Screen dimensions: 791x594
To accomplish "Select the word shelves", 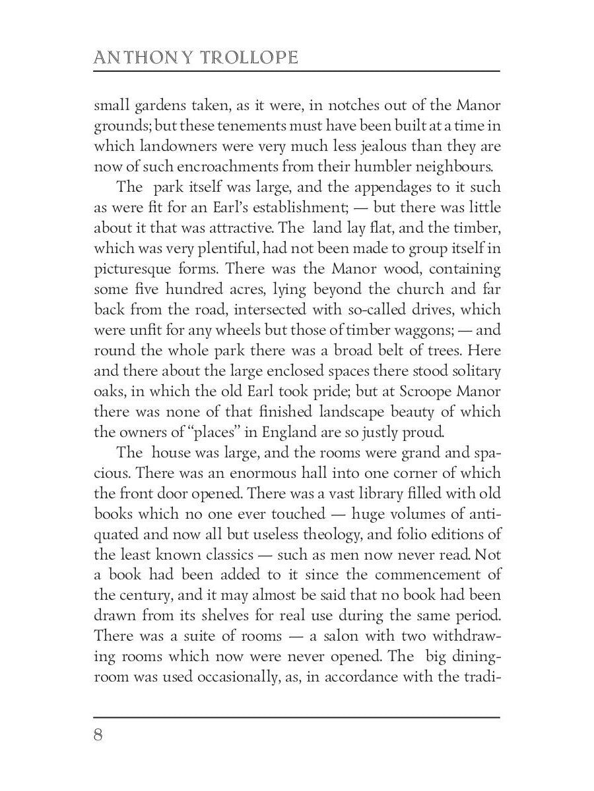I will pos(222,616).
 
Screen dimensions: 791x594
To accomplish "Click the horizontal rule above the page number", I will pos(297,716).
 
